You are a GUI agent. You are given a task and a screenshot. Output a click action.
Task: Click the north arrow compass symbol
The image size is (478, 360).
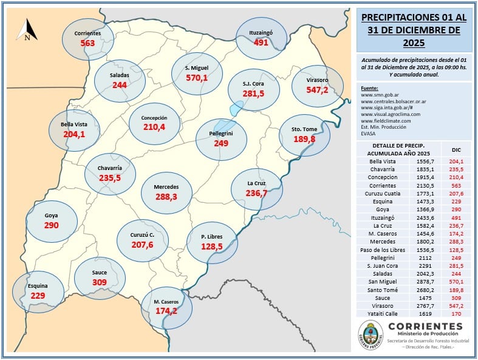[x=27, y=30]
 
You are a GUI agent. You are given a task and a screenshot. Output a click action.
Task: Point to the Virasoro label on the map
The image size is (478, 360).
[x=318, y=80]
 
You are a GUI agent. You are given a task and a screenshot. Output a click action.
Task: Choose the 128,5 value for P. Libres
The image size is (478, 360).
[x=211, y=247]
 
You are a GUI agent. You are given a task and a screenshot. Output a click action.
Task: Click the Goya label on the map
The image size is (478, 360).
[x=52, y=215]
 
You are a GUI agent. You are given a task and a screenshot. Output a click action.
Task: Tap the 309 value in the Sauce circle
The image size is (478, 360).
[x=100, y=283]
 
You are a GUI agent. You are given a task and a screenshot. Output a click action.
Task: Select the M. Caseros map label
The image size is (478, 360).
[x=165, y=302]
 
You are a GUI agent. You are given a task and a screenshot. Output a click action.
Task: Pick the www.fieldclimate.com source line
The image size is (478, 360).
[x=386, y=121]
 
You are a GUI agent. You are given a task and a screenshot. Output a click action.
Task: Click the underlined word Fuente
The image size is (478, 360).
[x=369, y=87]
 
